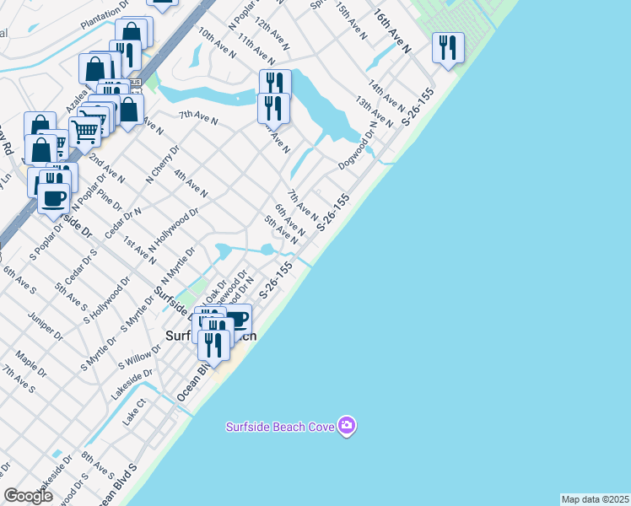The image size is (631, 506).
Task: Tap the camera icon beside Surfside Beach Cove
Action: click(x=346, y=425)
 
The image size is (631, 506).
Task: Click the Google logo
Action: click(x=28, y=496)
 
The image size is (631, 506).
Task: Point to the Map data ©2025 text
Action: click(x=595, y=499)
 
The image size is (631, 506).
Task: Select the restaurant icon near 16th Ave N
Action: click(x=448, y=47)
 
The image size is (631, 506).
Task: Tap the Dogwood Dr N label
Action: click(x=358, y=151)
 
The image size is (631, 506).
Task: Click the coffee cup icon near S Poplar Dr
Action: click(x=54, y=198)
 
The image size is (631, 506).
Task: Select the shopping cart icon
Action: click(x=84, y=132)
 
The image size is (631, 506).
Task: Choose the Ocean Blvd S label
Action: click(x=116, y=486)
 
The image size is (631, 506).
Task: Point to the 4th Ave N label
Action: click(x=191, y=183)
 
